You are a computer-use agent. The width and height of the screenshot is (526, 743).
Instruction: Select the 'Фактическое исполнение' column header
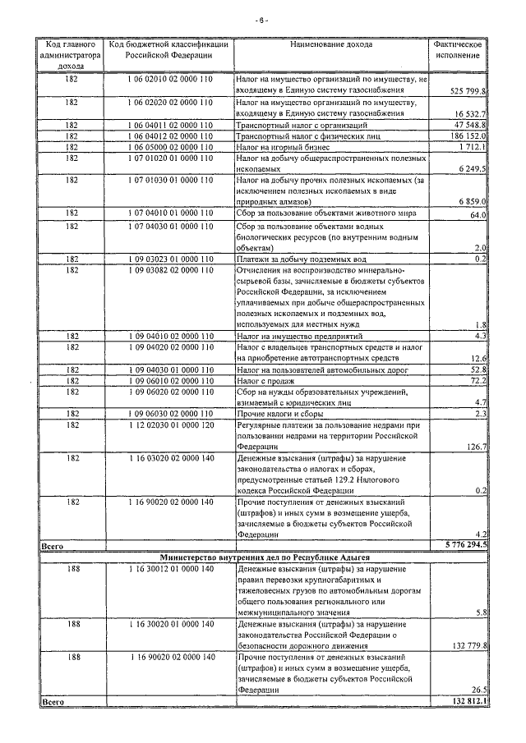click(457, 49)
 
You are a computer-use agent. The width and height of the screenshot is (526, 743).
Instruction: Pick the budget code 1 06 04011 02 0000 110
click(170, 125)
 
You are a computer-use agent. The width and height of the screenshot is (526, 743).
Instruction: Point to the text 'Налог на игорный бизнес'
click(281, 146)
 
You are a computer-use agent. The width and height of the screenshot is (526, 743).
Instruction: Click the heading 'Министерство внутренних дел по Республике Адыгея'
click(263, 556)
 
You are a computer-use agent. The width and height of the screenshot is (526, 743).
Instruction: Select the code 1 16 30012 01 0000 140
click(170, 568)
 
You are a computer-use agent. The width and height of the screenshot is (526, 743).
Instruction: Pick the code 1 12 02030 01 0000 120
click(170, 425)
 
